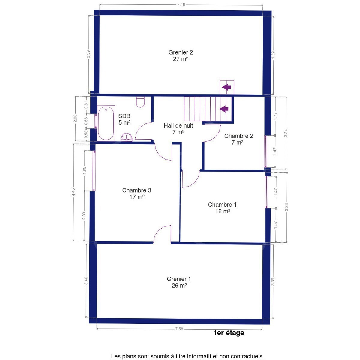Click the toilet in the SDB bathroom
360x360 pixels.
click(140, 102)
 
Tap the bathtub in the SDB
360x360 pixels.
click(106, 123)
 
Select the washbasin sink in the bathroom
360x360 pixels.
click(127, 137)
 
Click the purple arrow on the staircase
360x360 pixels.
click(224, 109)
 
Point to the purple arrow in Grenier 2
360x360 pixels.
click(226, 87)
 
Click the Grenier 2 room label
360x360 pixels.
click(181, 55)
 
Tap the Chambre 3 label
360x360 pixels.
click(137, 193)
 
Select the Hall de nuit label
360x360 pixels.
click(178, 128)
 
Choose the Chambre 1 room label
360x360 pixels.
click(222, 208)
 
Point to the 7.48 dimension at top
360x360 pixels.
click(181, 5)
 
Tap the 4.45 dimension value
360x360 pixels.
click(73, 192)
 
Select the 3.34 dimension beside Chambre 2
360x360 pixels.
click(286, 133)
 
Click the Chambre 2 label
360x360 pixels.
click(238, 139)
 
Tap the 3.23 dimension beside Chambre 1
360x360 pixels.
click(287, 207)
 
